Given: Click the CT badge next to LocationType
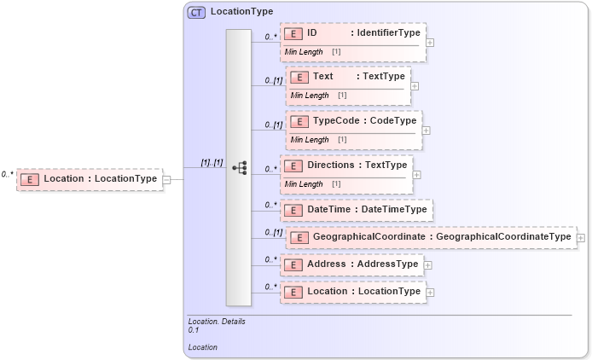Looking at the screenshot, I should [196, 12].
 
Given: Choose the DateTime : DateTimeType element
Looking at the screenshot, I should [357, 210].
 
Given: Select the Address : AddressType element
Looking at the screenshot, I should [352, 264].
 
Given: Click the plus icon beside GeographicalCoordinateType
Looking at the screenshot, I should [581, 237].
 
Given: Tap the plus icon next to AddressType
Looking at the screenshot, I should [428, 265].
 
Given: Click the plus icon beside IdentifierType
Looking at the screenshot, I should [430, 41].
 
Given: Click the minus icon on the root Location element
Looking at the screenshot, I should [167, 179].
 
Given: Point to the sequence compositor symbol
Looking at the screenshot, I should [240, 167].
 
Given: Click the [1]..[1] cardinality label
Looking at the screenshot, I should [212, 162].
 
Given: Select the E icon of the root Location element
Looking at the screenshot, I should [30, 179].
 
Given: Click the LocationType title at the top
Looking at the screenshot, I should [241, 12].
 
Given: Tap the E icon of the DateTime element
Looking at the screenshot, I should [293, 210].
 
